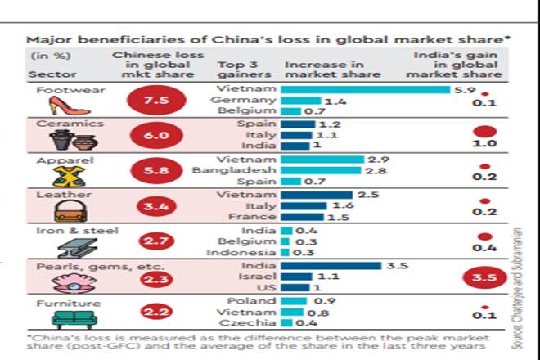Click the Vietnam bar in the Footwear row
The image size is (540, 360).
point(366,88)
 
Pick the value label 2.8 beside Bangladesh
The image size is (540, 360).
point(371,170)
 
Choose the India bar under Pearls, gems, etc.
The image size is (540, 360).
point(331,266)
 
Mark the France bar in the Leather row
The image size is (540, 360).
point(303,218)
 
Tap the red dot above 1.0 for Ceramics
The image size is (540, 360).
point(486,131)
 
